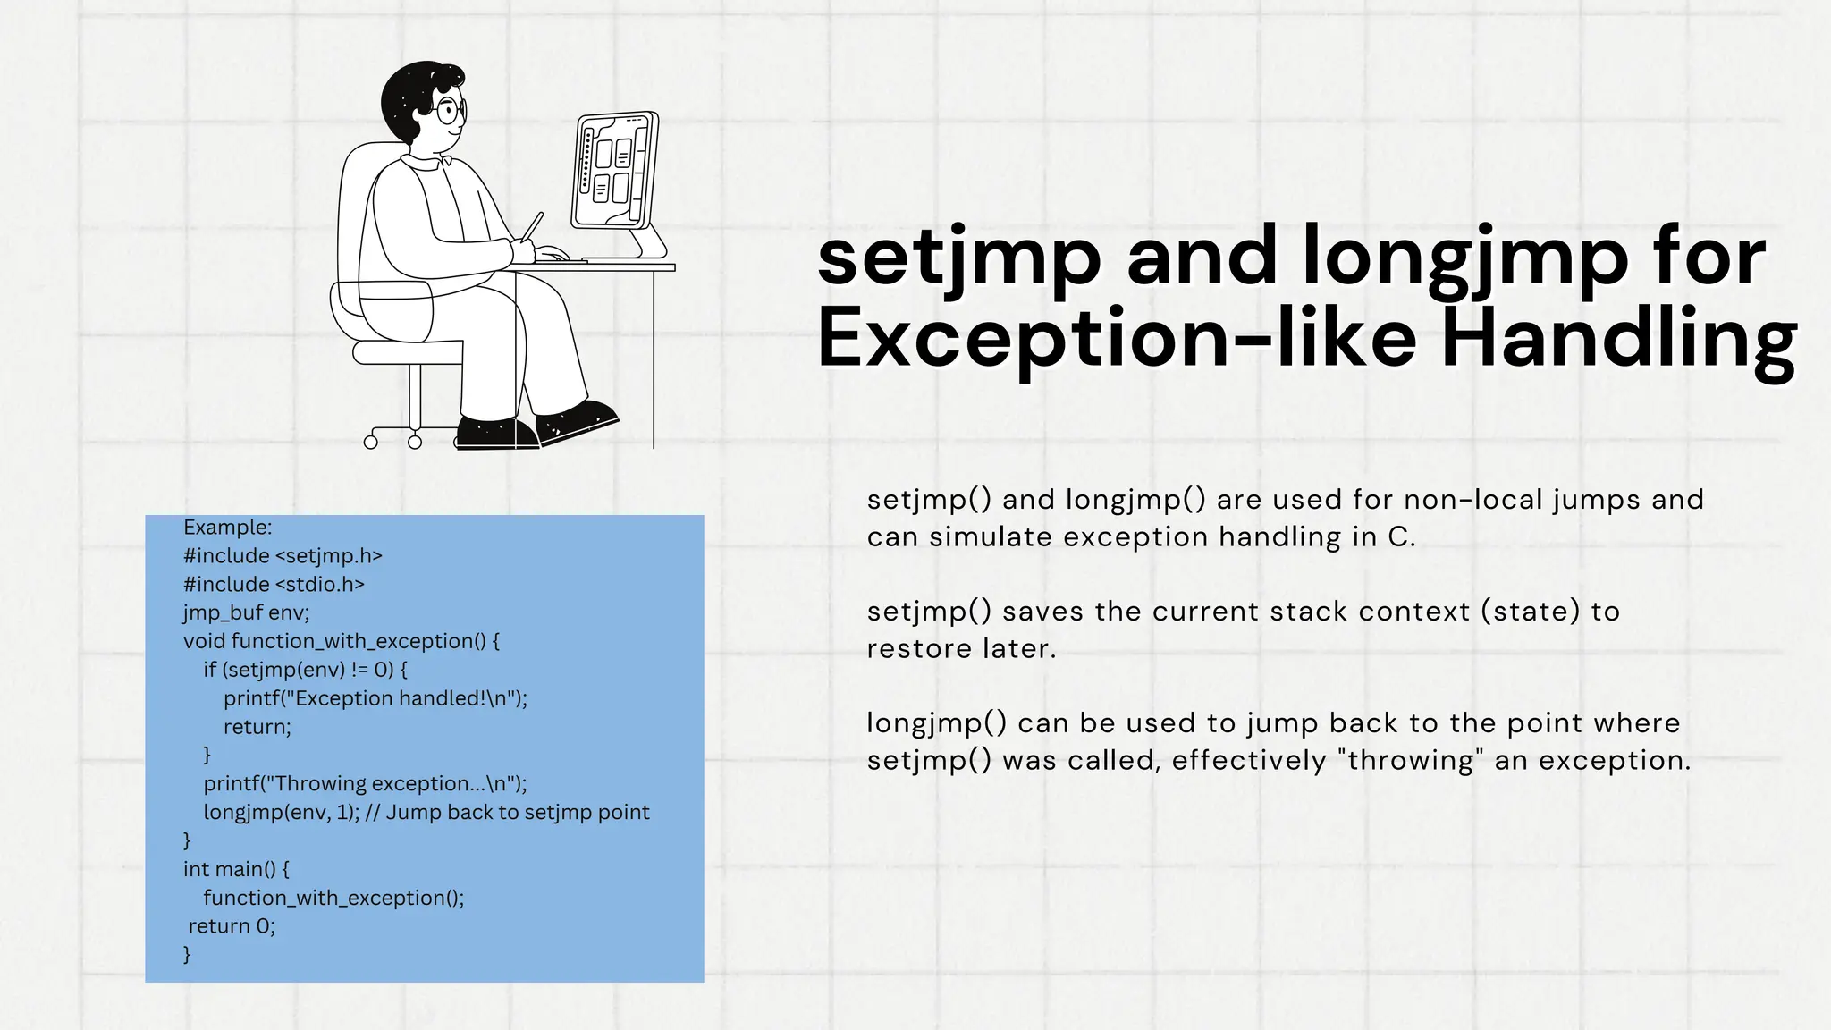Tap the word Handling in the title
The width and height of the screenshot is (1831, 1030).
[x=1619, y=340]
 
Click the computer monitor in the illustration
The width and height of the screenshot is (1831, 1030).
[x=614, y=171]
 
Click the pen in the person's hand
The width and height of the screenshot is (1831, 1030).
[x=532, y=225]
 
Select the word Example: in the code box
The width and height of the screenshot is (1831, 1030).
[x=227, y=527]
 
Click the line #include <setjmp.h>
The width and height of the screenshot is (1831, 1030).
[x=283, y=555]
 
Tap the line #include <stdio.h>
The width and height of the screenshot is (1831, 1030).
[x=274, y=584]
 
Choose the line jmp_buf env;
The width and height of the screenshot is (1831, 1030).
[x=246, y=612]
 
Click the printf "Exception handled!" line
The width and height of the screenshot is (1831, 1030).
[x=375, y=698]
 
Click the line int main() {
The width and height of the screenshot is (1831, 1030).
[x=236, y=869]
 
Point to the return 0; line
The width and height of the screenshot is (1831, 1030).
[x=232, y=926]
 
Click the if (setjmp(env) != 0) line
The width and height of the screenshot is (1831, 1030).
[x=305, y=670]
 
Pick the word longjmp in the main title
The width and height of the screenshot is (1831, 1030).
[x=1464, y=259]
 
